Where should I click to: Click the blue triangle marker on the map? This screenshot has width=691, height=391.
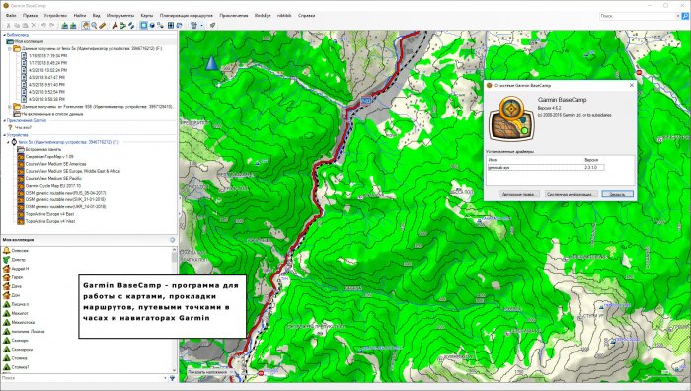point(211,64)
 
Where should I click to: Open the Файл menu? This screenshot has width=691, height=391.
point(11,17)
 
